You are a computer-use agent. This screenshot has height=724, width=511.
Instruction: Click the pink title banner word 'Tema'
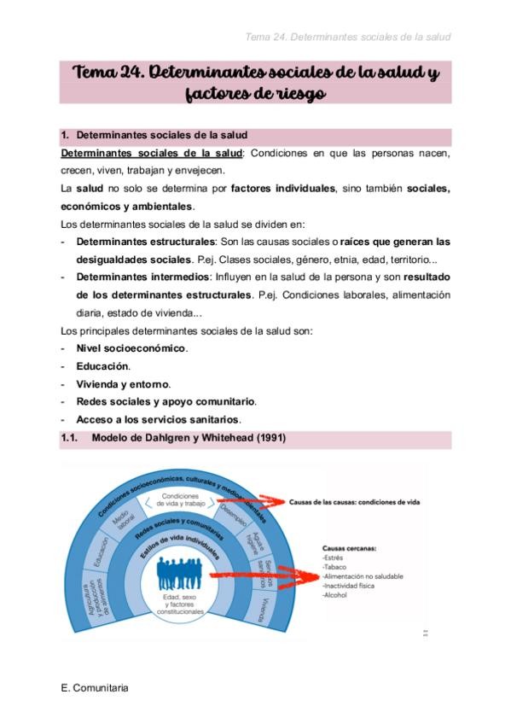pyautogui.click(x=102, y=73)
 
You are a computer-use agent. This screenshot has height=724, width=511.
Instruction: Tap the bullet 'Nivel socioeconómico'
pyautogui.click(x=131, y=348)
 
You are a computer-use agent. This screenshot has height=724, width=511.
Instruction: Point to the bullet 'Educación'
pyautogui.click(x=103, y=366)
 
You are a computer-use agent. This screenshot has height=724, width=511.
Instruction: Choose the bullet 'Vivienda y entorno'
pyautogui.click(x=123, y=384)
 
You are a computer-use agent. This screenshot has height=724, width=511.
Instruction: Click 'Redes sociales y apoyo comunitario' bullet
pyautogui.click(x=165, y=401)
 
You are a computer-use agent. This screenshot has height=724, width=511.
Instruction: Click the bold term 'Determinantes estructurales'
pyautogui.click(x=144, y=242)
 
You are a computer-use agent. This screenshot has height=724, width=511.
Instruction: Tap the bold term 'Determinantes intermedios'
pyautogui.click(x=141, y=277)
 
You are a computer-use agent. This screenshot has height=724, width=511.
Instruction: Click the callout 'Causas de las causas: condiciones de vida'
pyautogui.click(x=354, y=502)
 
